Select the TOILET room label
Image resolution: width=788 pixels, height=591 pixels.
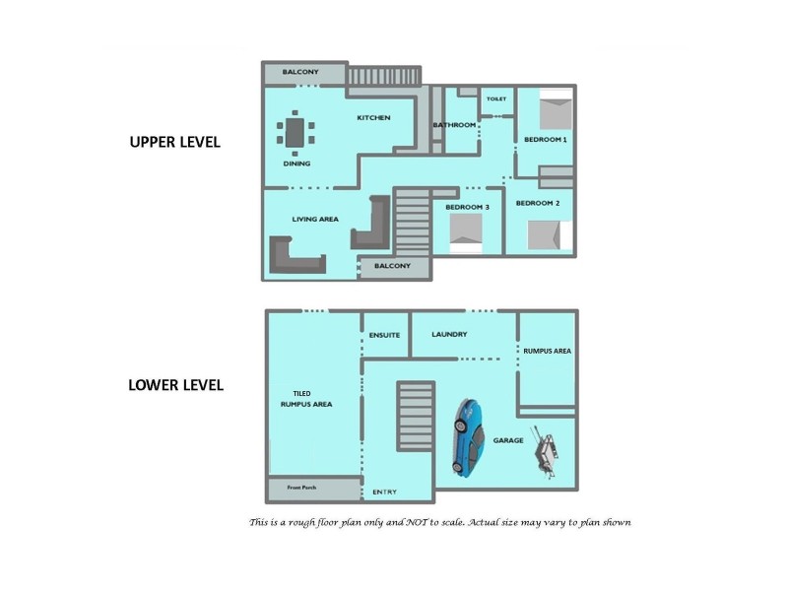pyautogui.click(x=496, y=98)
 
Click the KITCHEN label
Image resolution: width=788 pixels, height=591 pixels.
pyautogui.click(x=373, y=117)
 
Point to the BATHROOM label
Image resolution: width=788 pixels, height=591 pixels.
pyautogui.click(x=454, y=125)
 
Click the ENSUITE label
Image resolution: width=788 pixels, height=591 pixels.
pyautogui.click(x=384, y=335)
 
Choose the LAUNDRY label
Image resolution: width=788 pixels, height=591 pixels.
pyautogui.click(x=449, y=335)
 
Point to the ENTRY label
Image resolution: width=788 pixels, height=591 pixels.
pyautogui.click(x=383, y=492)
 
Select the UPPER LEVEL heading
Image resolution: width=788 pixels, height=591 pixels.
pyautogui.click(x=175, y=142)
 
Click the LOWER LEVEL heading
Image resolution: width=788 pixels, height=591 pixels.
pyautogui.click(x=175, y=384)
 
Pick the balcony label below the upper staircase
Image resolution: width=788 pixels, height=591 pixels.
pyautogui.click(x=393, y=266)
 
